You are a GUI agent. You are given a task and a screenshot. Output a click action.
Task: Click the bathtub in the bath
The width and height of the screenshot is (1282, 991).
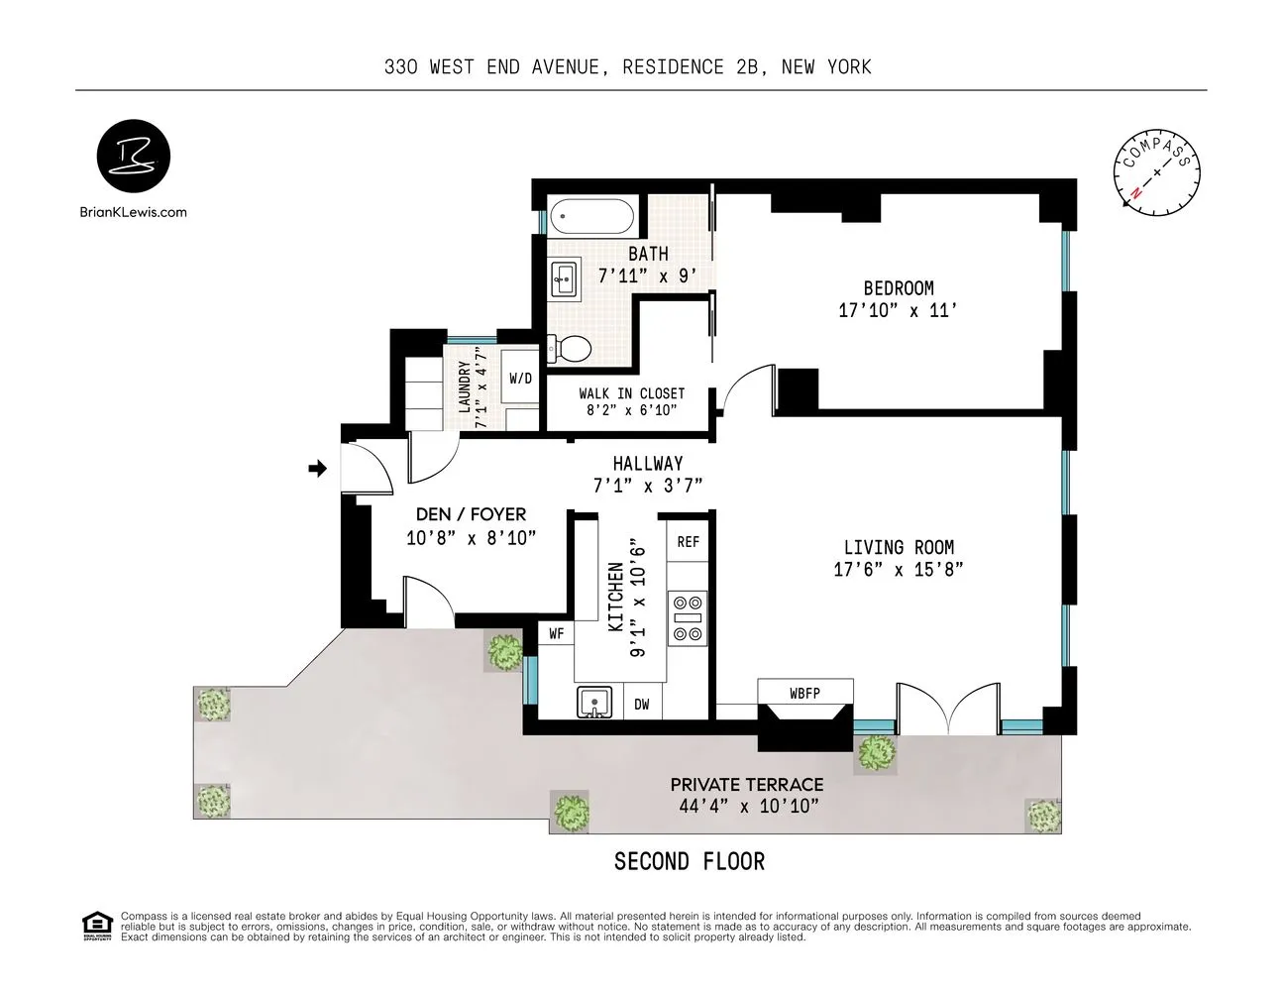click(x=591, y=216)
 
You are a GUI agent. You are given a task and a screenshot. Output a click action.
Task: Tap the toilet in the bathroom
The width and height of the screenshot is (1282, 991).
click(x=571, y=348)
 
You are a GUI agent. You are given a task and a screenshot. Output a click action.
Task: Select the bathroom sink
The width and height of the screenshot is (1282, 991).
click(x=565, y=278)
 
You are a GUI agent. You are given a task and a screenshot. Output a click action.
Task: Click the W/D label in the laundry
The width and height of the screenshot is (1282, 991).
click(x=520, y=379)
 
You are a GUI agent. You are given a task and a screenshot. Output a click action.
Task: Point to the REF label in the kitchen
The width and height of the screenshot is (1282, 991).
click(x=688, y=542)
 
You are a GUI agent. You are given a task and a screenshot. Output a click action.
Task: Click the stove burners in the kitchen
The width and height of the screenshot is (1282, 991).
click(x=688, y=617)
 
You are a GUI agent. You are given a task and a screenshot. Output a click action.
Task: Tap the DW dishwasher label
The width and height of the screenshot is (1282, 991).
click(x=642, y=705)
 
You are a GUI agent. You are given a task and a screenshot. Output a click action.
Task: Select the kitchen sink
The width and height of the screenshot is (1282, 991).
click(x=594, y=703)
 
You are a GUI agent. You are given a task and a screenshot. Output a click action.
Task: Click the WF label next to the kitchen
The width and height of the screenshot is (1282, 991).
click(x=557, y=633)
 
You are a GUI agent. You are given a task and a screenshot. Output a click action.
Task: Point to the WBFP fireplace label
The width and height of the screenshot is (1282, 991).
click(x=804, y=693)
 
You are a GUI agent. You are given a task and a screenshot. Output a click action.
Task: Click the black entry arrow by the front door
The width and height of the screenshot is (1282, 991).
click(x=318, y=469)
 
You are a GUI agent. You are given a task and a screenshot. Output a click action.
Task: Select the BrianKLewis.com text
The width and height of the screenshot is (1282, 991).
click(x=133, y=212)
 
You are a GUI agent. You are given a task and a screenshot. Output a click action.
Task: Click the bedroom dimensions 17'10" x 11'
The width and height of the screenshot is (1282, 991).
click(x=898, y=310)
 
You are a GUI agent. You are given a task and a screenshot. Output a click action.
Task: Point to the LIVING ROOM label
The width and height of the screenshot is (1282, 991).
click(x=899, y=547)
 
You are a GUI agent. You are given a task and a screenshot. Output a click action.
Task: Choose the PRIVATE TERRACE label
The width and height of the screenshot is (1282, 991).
click(x=747, y=784)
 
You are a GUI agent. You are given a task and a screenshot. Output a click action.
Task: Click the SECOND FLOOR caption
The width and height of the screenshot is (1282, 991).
click(x=690, y=862)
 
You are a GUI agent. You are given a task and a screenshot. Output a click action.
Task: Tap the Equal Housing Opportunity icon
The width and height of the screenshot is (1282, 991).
click(x=96, y=926)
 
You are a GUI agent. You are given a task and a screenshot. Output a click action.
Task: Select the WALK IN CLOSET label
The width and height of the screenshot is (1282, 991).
click(x=631, y=393)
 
